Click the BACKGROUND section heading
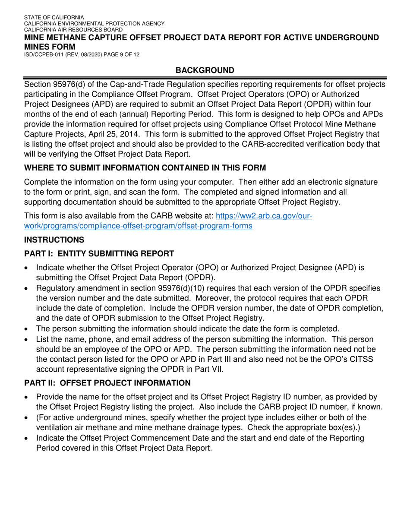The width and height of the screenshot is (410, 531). (205, 70)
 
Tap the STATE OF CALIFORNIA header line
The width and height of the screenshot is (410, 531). (54, 17)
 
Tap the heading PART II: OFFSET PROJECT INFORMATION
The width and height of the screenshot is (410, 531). (107, 382)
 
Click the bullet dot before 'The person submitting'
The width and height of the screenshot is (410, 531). (27, 329)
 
